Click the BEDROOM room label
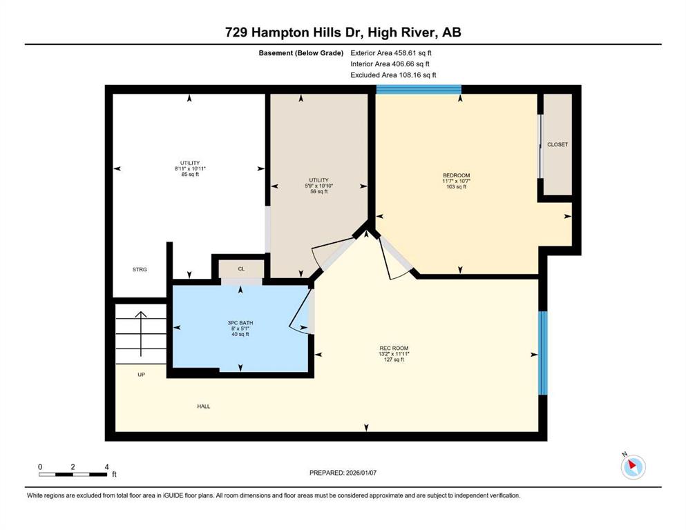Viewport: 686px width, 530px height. pyautogui.click(x=457, y=175)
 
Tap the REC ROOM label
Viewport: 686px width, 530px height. pyautogui.click(x=394, y=349)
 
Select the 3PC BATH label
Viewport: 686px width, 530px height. pyautogui.click(x=240, y=323)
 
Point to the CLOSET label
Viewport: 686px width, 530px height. pyautogui.click(x=558, y=144)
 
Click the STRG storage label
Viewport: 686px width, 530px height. pyautogui.click(x=140, y=270)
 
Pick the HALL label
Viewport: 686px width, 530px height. pyautogui.click(x=203, y=406)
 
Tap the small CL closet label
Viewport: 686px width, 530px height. pyautogui.click(x=242, y=268)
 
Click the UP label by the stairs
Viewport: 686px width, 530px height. pyautogui.click(x=142, y=375)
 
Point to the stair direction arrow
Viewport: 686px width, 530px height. pyautogui.click(x=141, y=334)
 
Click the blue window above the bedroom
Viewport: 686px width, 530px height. pyautogui.click(x=419, y=89)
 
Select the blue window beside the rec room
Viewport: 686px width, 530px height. pyautogui.click(x=542, y=353)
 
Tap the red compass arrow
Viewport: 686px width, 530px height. pyautogui.click(x=631, y=465)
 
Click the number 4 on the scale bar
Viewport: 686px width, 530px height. pyautogui.click(x=107, y=467)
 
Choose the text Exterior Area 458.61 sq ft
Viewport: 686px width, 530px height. pyautogui.click(x=391, y=53)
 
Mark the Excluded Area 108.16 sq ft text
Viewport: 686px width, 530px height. pyautogui.click(x=393, y=75)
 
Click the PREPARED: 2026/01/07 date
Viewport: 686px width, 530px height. pyautogui.click(x=343, y=473)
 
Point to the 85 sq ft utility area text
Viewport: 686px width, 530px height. pyautogui.click(x=190, y=175)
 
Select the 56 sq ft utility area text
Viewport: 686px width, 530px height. pyautogui.click(x=319, y=191)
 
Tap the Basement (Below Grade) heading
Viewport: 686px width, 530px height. pyautogui.click(x=301, y=53)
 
